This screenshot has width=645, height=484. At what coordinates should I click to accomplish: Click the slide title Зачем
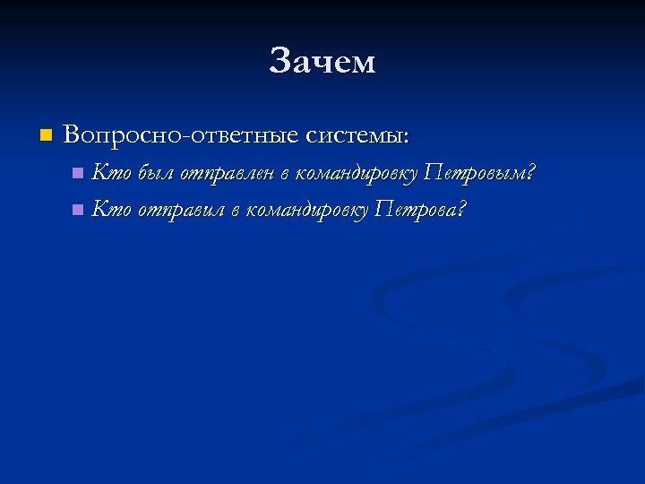[322, 62]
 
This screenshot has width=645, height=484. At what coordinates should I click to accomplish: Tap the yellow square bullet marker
[45, 135]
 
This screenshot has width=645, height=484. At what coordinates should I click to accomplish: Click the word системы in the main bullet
[353, 135]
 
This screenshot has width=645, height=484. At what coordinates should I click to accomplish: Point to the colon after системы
[408, 137]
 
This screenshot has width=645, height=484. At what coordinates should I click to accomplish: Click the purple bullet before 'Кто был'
[78, 172]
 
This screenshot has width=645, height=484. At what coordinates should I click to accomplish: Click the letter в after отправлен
[287, 172]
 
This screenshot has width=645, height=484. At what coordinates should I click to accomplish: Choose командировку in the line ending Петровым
[357, 172]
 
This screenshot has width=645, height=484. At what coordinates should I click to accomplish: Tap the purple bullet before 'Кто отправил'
[78, 211]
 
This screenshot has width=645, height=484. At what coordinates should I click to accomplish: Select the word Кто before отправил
[111, 210]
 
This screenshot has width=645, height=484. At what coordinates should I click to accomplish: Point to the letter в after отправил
[234, 211]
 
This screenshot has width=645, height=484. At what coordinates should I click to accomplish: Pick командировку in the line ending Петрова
[305, 211]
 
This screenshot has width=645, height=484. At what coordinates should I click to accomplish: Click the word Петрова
[417, 211]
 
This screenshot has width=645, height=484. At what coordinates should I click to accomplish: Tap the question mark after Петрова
[462, 210]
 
